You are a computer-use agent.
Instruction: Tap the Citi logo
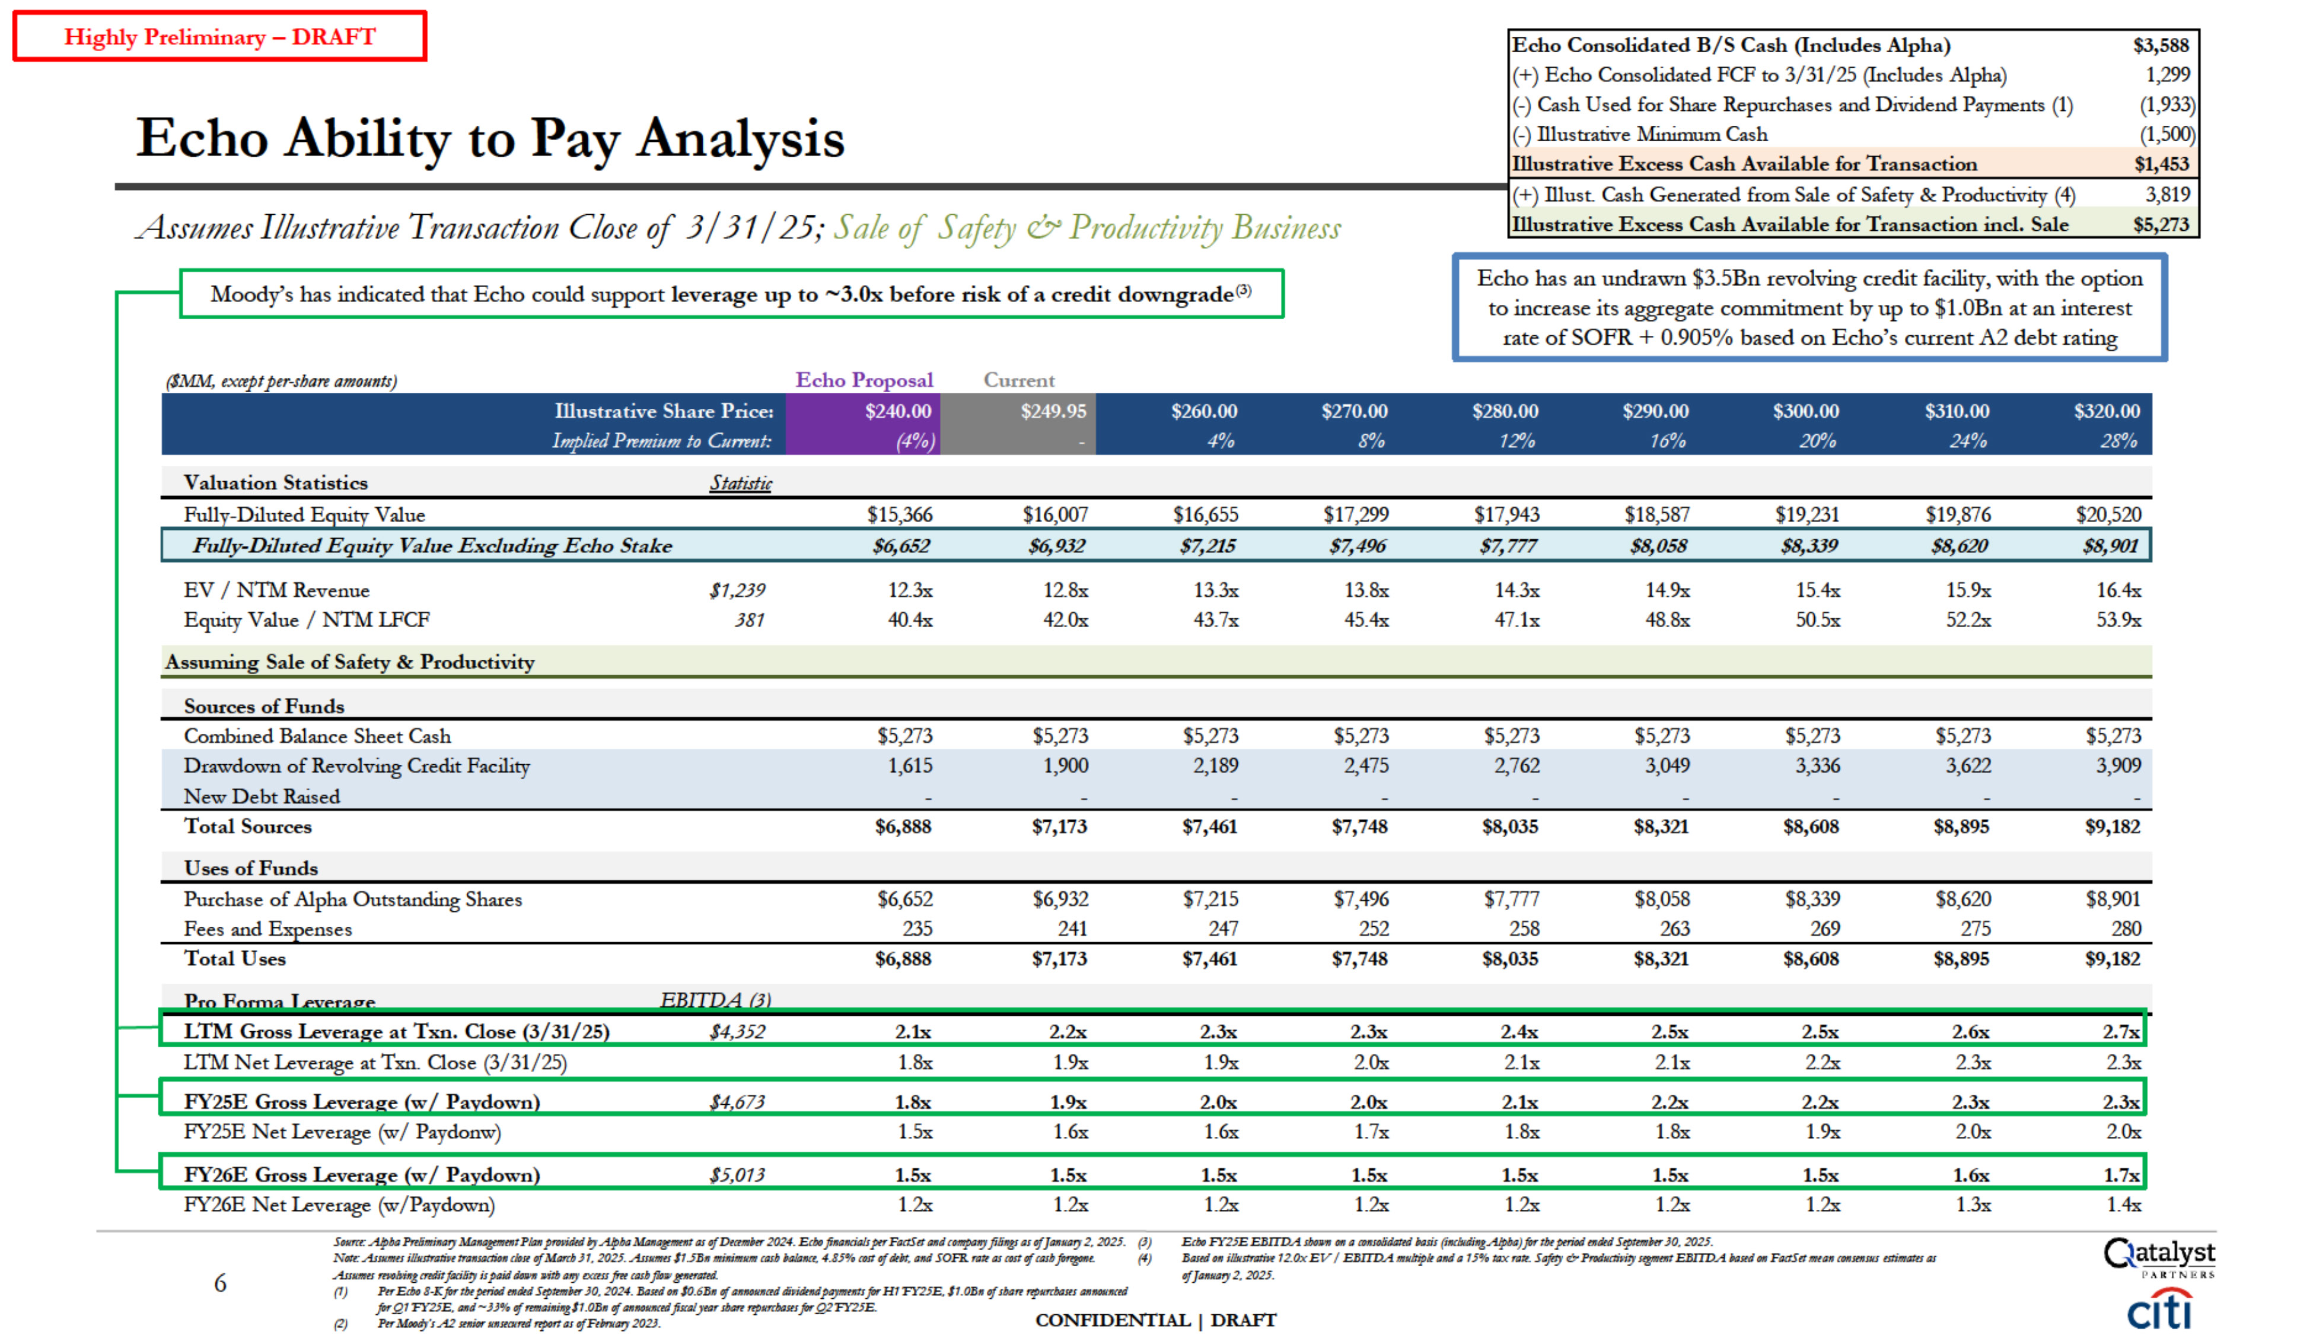click(x=2159, y=1309)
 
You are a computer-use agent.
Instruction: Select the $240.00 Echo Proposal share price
click(x=897, y=412)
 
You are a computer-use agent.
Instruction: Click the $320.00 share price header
click(x=2106, y=412)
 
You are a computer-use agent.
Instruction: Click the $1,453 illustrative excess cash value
click(x=2161, y=164)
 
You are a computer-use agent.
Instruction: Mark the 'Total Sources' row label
click(x=247, y=826)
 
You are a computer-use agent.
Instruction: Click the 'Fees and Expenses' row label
click(x=267, y=929)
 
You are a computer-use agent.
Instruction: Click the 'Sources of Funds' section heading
click(x=264, y=706)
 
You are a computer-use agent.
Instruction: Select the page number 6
click(x=220, y=1283)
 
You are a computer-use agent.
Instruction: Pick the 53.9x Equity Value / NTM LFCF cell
click(x=2118, y=620)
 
